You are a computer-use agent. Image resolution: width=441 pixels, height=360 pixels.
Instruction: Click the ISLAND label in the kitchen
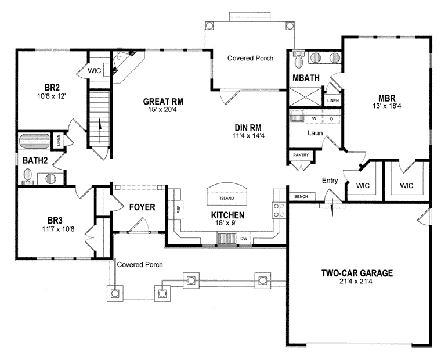pos(227,198)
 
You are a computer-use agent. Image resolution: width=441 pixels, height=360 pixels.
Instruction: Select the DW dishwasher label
pos(244,238)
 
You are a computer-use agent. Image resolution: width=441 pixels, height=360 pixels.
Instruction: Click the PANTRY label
pos(301,155)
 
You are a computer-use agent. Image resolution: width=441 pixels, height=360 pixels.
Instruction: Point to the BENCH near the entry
pos(301,197)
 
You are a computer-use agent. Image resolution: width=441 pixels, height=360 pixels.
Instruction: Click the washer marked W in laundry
pos(314,118)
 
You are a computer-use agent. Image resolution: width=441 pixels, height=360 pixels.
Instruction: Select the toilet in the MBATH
pos(299,60)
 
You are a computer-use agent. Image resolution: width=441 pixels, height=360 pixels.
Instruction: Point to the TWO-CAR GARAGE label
pos(357,273)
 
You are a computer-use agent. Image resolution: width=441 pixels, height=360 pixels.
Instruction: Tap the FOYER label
pos(141,207)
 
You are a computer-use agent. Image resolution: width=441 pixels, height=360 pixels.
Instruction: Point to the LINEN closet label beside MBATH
pos(333,100)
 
